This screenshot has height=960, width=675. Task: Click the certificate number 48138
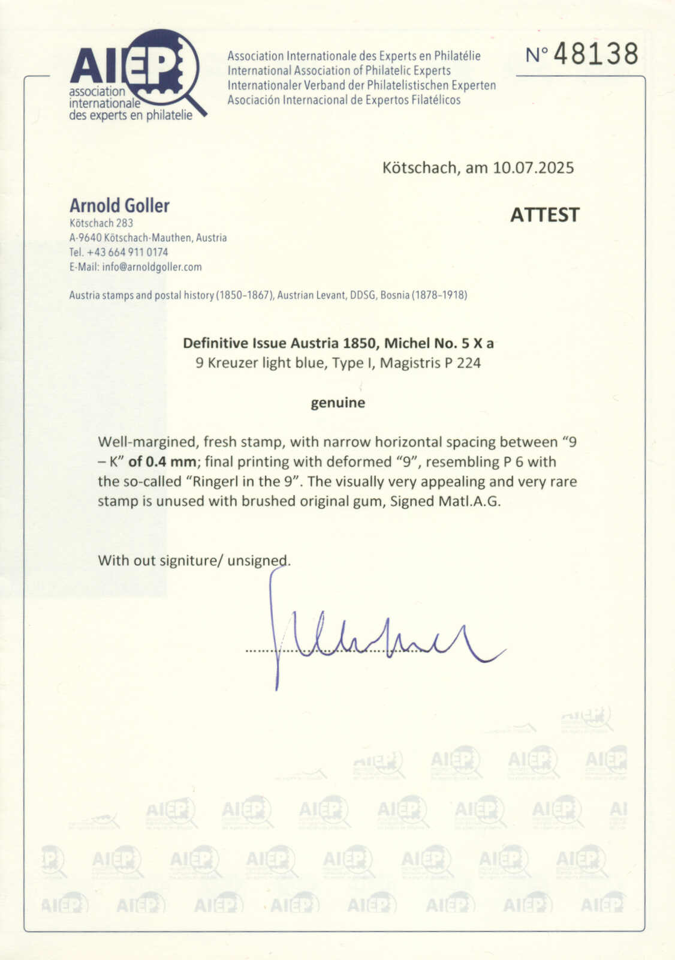(595, 54)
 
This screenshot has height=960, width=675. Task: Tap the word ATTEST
(544, 215)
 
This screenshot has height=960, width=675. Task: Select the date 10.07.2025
(533, 167)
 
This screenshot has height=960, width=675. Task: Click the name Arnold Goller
(119, 206)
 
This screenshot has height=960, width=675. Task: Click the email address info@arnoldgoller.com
(152, 267)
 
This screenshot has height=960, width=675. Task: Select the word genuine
(337, 403)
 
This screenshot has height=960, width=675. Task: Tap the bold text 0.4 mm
(171, 462)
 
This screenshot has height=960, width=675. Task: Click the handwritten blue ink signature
(372, 639)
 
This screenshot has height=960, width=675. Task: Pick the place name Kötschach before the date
(419, 167)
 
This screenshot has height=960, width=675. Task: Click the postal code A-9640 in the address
(85, 238)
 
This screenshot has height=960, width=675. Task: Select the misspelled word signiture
(191, 560)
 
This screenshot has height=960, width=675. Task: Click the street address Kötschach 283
(101, 223)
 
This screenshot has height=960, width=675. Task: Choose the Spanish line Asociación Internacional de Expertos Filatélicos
(343, 100)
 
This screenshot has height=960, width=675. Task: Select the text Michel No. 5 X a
(439, 343)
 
